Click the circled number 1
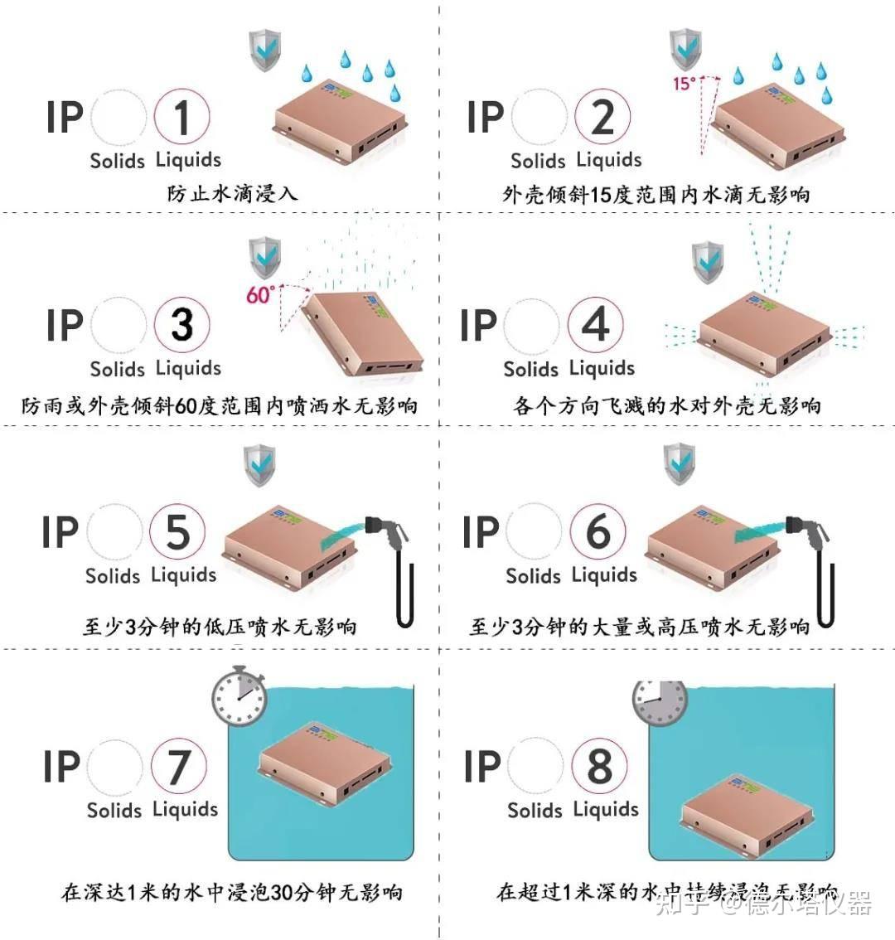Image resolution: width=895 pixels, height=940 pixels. pos(182,117)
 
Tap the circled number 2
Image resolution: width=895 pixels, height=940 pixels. pos(602,117)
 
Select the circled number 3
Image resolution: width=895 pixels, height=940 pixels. pos(182,325)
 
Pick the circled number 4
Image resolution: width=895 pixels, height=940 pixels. pos(596,325)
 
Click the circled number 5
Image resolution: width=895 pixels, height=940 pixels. pos(177,532)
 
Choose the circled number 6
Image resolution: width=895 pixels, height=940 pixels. pos(597,532)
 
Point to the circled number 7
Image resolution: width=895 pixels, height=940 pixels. pos(179,767)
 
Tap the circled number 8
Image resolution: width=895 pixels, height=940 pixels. pos(599,767)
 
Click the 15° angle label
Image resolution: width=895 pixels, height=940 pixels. pos(685,84)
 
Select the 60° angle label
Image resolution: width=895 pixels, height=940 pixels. pos(259,294)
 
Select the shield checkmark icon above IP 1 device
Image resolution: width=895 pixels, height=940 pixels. pos(265,50)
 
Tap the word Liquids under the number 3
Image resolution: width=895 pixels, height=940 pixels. pos(188,368)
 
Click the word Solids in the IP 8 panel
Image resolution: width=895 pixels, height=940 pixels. pos(535,810)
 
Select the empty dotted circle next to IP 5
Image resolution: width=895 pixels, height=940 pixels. pos(115,532)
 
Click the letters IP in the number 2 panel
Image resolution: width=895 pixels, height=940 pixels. pos(486,117)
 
